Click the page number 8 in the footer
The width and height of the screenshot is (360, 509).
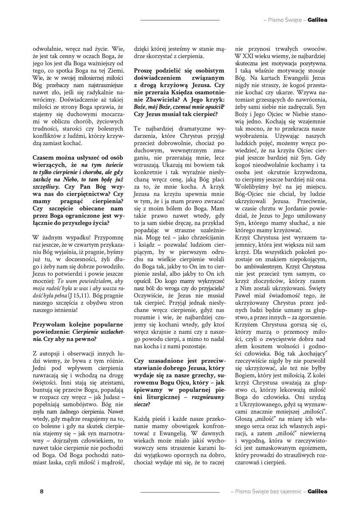(x=42, y=492)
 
